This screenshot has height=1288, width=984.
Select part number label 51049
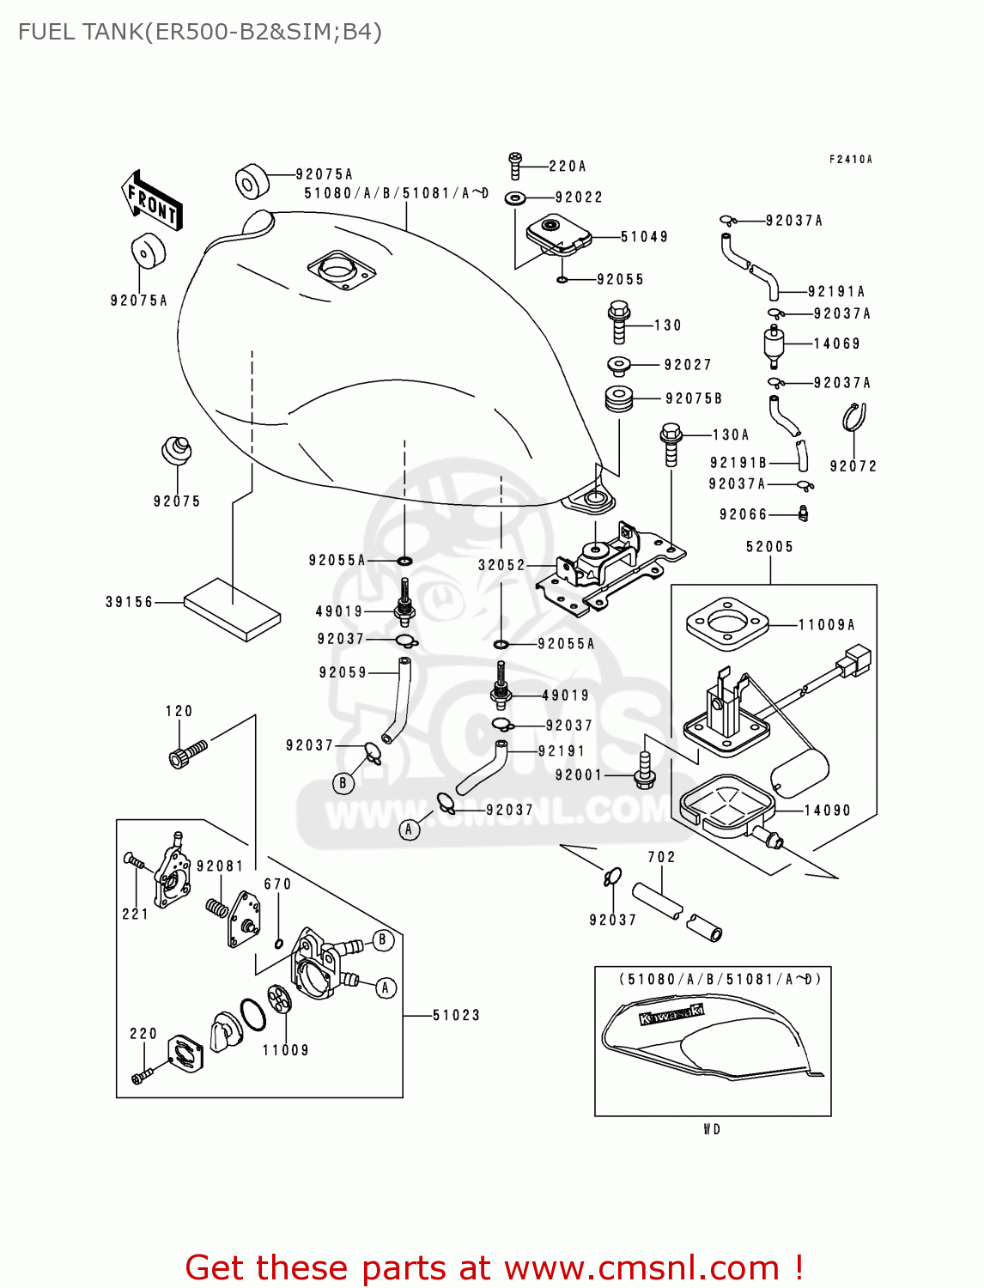pyautogui.click(x=644, y=237)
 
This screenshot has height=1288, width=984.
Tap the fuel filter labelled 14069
pyautogui.click(x=774, y=344)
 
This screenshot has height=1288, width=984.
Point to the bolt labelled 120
pyautogui.click(x=188, y=755)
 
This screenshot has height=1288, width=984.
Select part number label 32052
pyautogui.click(x=501, y=565)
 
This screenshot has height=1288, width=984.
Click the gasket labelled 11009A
pyautogui.click(x=726, y=626)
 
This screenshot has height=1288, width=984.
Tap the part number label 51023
pyautogui.click(x=456, y=1016)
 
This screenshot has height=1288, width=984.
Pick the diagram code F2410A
pyautogui.click(x=850, y=160)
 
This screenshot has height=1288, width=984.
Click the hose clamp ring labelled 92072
pyautogui.click(x=853, y=418)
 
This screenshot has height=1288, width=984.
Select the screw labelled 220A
pyautogui.click(x=515, y=166)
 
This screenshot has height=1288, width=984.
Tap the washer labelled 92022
pyautogui.click(x=516, y=198)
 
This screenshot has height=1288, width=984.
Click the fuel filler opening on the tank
pyautogui.click(x=341, y=270)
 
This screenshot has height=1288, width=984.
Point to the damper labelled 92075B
pyautogui.click(x=619, y=399)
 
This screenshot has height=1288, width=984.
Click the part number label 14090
pyautogui.click(x=827, y=811)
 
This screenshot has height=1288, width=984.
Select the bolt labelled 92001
pyautogui.click(x=645, y=770)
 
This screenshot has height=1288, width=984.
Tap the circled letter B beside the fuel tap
pyautogui.click(x=383, y=940)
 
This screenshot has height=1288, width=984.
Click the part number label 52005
pyautogui.click(x=769, y=547)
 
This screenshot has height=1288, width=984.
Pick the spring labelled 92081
pyautogui.click(x=216, y=906)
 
